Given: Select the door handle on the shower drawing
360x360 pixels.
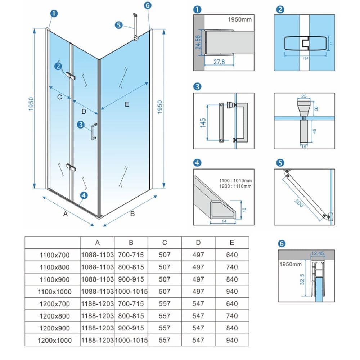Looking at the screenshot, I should [93, 131].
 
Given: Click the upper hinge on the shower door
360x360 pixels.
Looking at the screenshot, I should [71, 76].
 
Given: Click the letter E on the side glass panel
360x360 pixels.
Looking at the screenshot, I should [126, 104].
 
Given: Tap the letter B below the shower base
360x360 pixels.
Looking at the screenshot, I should [132, 213].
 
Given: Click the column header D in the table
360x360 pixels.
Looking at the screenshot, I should [198, 243].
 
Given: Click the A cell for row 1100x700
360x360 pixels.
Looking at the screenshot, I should [97, 255].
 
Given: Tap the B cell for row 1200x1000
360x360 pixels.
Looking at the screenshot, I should [131, 340].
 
